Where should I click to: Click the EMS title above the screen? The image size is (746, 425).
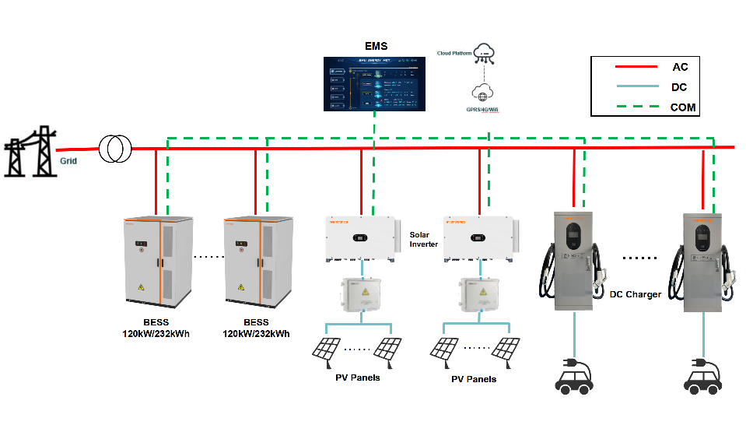(x=376, y=47)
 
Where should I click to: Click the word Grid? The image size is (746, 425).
(x=68, y=165)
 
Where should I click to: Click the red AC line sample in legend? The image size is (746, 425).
(x=626, y=68)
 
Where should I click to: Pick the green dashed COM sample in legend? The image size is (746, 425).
(x=626, y=107)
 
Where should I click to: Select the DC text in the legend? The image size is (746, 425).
(x=678, y=88)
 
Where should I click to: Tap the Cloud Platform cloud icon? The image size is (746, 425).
(x=487, y=53)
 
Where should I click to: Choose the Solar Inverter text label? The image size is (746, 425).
(x=424, y=239)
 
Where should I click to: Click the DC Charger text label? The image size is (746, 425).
(x=635, y=294)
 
